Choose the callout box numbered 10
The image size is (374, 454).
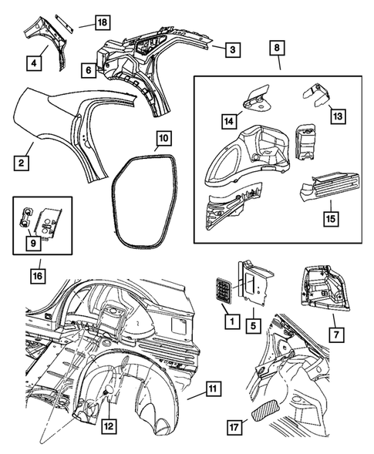coord(162,140)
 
